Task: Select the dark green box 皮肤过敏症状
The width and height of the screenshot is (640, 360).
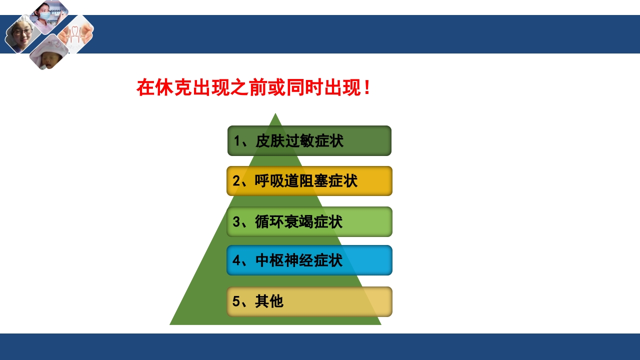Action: [x=309, y=141]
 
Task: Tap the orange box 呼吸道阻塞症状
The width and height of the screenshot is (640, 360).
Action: [x=309, y=181]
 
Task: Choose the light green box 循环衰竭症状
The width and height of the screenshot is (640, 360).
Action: [x=309, y=221]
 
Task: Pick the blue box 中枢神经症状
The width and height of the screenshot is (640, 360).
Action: [x=309, y=260]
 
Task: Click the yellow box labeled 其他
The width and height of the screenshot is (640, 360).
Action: [x=309, y=301]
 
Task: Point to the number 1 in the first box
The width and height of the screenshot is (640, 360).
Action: [x=237, y=141]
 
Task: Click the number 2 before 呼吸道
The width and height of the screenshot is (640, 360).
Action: [x=237, y=181]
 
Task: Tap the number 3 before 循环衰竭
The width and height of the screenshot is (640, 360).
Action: [x=237, y=222]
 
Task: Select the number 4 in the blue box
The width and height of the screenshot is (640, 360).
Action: [x=237, y=261]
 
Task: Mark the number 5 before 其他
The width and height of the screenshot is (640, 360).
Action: [x=237, y=302]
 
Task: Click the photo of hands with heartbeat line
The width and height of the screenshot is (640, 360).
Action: [x=76, y=34]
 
